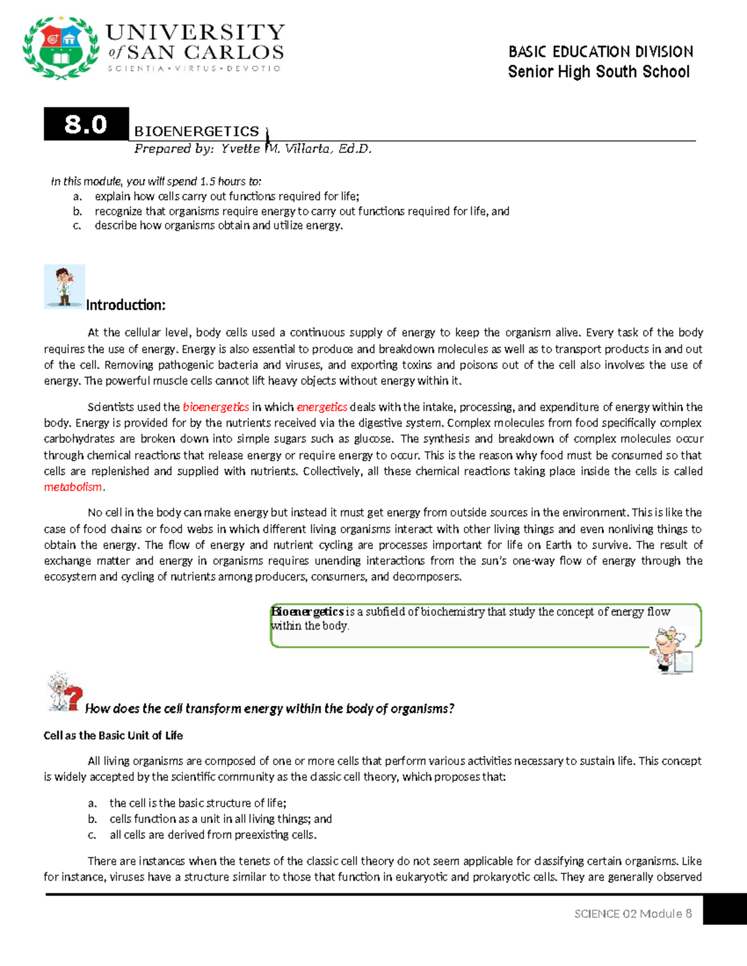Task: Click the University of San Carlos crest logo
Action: (60, 48)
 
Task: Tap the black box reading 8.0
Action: (86, 124)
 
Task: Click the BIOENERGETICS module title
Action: (197, 131)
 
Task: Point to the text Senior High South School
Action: (598, 72)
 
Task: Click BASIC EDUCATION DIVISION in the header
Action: (600, 52)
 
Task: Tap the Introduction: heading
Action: (126, 305)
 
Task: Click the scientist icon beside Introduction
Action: (64, 287)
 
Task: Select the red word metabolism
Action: (73, 487)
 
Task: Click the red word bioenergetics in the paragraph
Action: (215, 407)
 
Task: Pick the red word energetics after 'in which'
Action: (322, 407)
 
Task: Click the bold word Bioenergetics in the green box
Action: (308, 612)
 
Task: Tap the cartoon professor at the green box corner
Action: (671, 649)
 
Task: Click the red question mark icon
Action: (73, 697)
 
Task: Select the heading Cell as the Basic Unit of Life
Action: (113, 735)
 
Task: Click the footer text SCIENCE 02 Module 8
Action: (632, 914)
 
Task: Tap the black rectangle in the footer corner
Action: (725, 910)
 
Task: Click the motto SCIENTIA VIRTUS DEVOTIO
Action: (194, 68)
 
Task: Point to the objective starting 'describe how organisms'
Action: (218, 226)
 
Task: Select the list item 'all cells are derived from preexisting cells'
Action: (213, 835)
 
